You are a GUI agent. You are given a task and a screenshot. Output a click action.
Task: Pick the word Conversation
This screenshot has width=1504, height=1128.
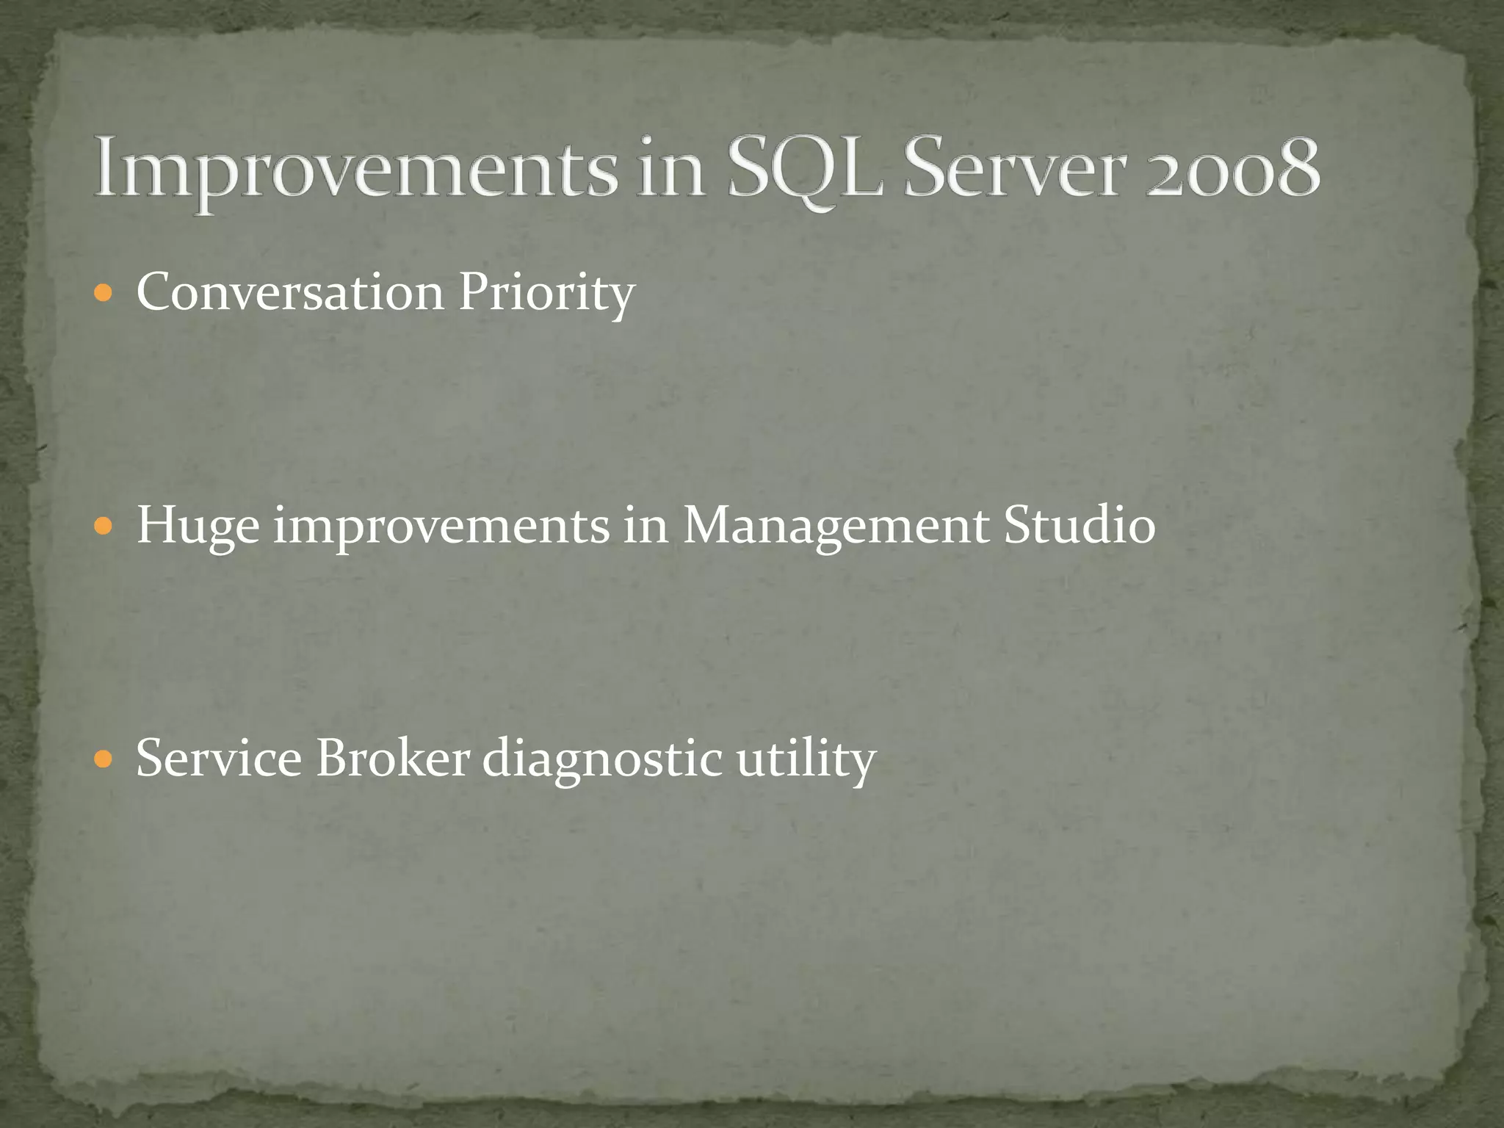point(290,292)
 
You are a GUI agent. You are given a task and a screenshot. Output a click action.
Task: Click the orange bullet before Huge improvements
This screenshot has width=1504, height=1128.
point(105,527)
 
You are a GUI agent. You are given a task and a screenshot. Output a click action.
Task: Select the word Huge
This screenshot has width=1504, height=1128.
point(198,527)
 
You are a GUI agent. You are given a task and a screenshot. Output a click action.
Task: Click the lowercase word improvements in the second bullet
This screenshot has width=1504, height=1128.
point(441,527)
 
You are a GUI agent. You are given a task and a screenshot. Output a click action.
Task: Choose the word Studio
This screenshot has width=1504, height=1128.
point(1080,526)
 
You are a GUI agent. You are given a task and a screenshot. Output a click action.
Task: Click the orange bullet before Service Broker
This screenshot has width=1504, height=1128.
point(105,759)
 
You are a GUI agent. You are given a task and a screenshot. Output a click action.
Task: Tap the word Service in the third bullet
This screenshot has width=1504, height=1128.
point(219,758)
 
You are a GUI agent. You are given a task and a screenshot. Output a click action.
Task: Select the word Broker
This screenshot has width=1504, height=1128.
point(393,758)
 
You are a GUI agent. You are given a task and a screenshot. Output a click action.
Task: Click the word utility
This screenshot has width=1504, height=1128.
point(806,759)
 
